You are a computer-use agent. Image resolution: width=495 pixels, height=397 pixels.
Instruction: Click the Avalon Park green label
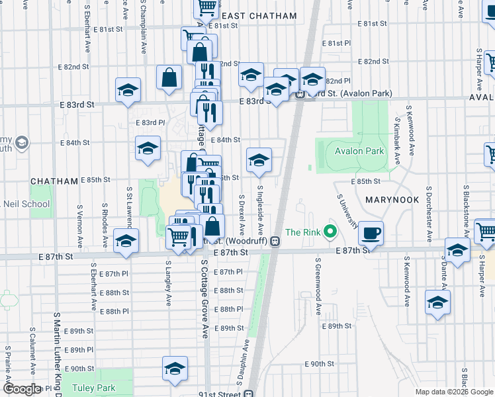coord(359,151)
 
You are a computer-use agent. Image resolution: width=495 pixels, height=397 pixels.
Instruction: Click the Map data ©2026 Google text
coord(454,392)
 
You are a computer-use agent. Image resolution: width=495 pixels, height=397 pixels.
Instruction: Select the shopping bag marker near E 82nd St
coord(169,77)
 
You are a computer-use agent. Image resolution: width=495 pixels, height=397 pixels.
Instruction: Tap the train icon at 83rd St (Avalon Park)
coord(299,93)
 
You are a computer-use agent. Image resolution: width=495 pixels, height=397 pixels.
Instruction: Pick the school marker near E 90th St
coord(175,369)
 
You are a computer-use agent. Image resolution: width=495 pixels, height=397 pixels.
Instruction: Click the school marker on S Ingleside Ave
coord(259,160)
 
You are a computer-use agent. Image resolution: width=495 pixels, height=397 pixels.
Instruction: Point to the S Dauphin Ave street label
coord(242,364)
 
